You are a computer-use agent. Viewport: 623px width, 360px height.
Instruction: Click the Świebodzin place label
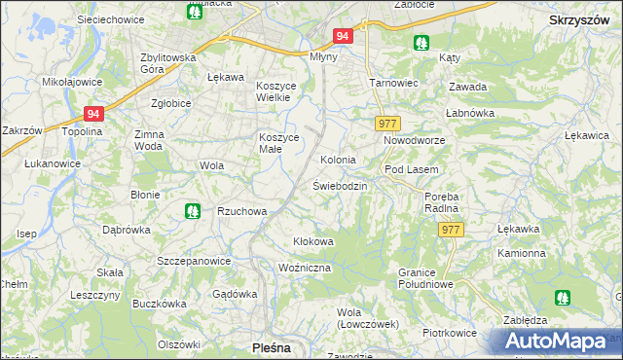point(339,185)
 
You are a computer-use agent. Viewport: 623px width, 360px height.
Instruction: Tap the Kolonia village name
point(338,159)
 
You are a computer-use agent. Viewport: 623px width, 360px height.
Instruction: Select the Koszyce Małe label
point(277,142)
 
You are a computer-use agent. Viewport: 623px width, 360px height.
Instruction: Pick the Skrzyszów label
point(579,18)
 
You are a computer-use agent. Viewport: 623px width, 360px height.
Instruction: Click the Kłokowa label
point(313,241)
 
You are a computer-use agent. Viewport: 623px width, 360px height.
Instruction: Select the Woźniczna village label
point(305,267)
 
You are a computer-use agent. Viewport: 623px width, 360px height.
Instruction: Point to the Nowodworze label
point(413,140)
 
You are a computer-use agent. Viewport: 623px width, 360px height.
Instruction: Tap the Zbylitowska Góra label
point(168,62)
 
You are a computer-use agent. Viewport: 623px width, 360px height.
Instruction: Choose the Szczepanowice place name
point(194,261)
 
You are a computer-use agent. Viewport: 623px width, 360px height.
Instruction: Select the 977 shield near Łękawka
point(450,230)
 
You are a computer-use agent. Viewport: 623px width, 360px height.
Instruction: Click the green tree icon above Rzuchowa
point(193,209)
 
